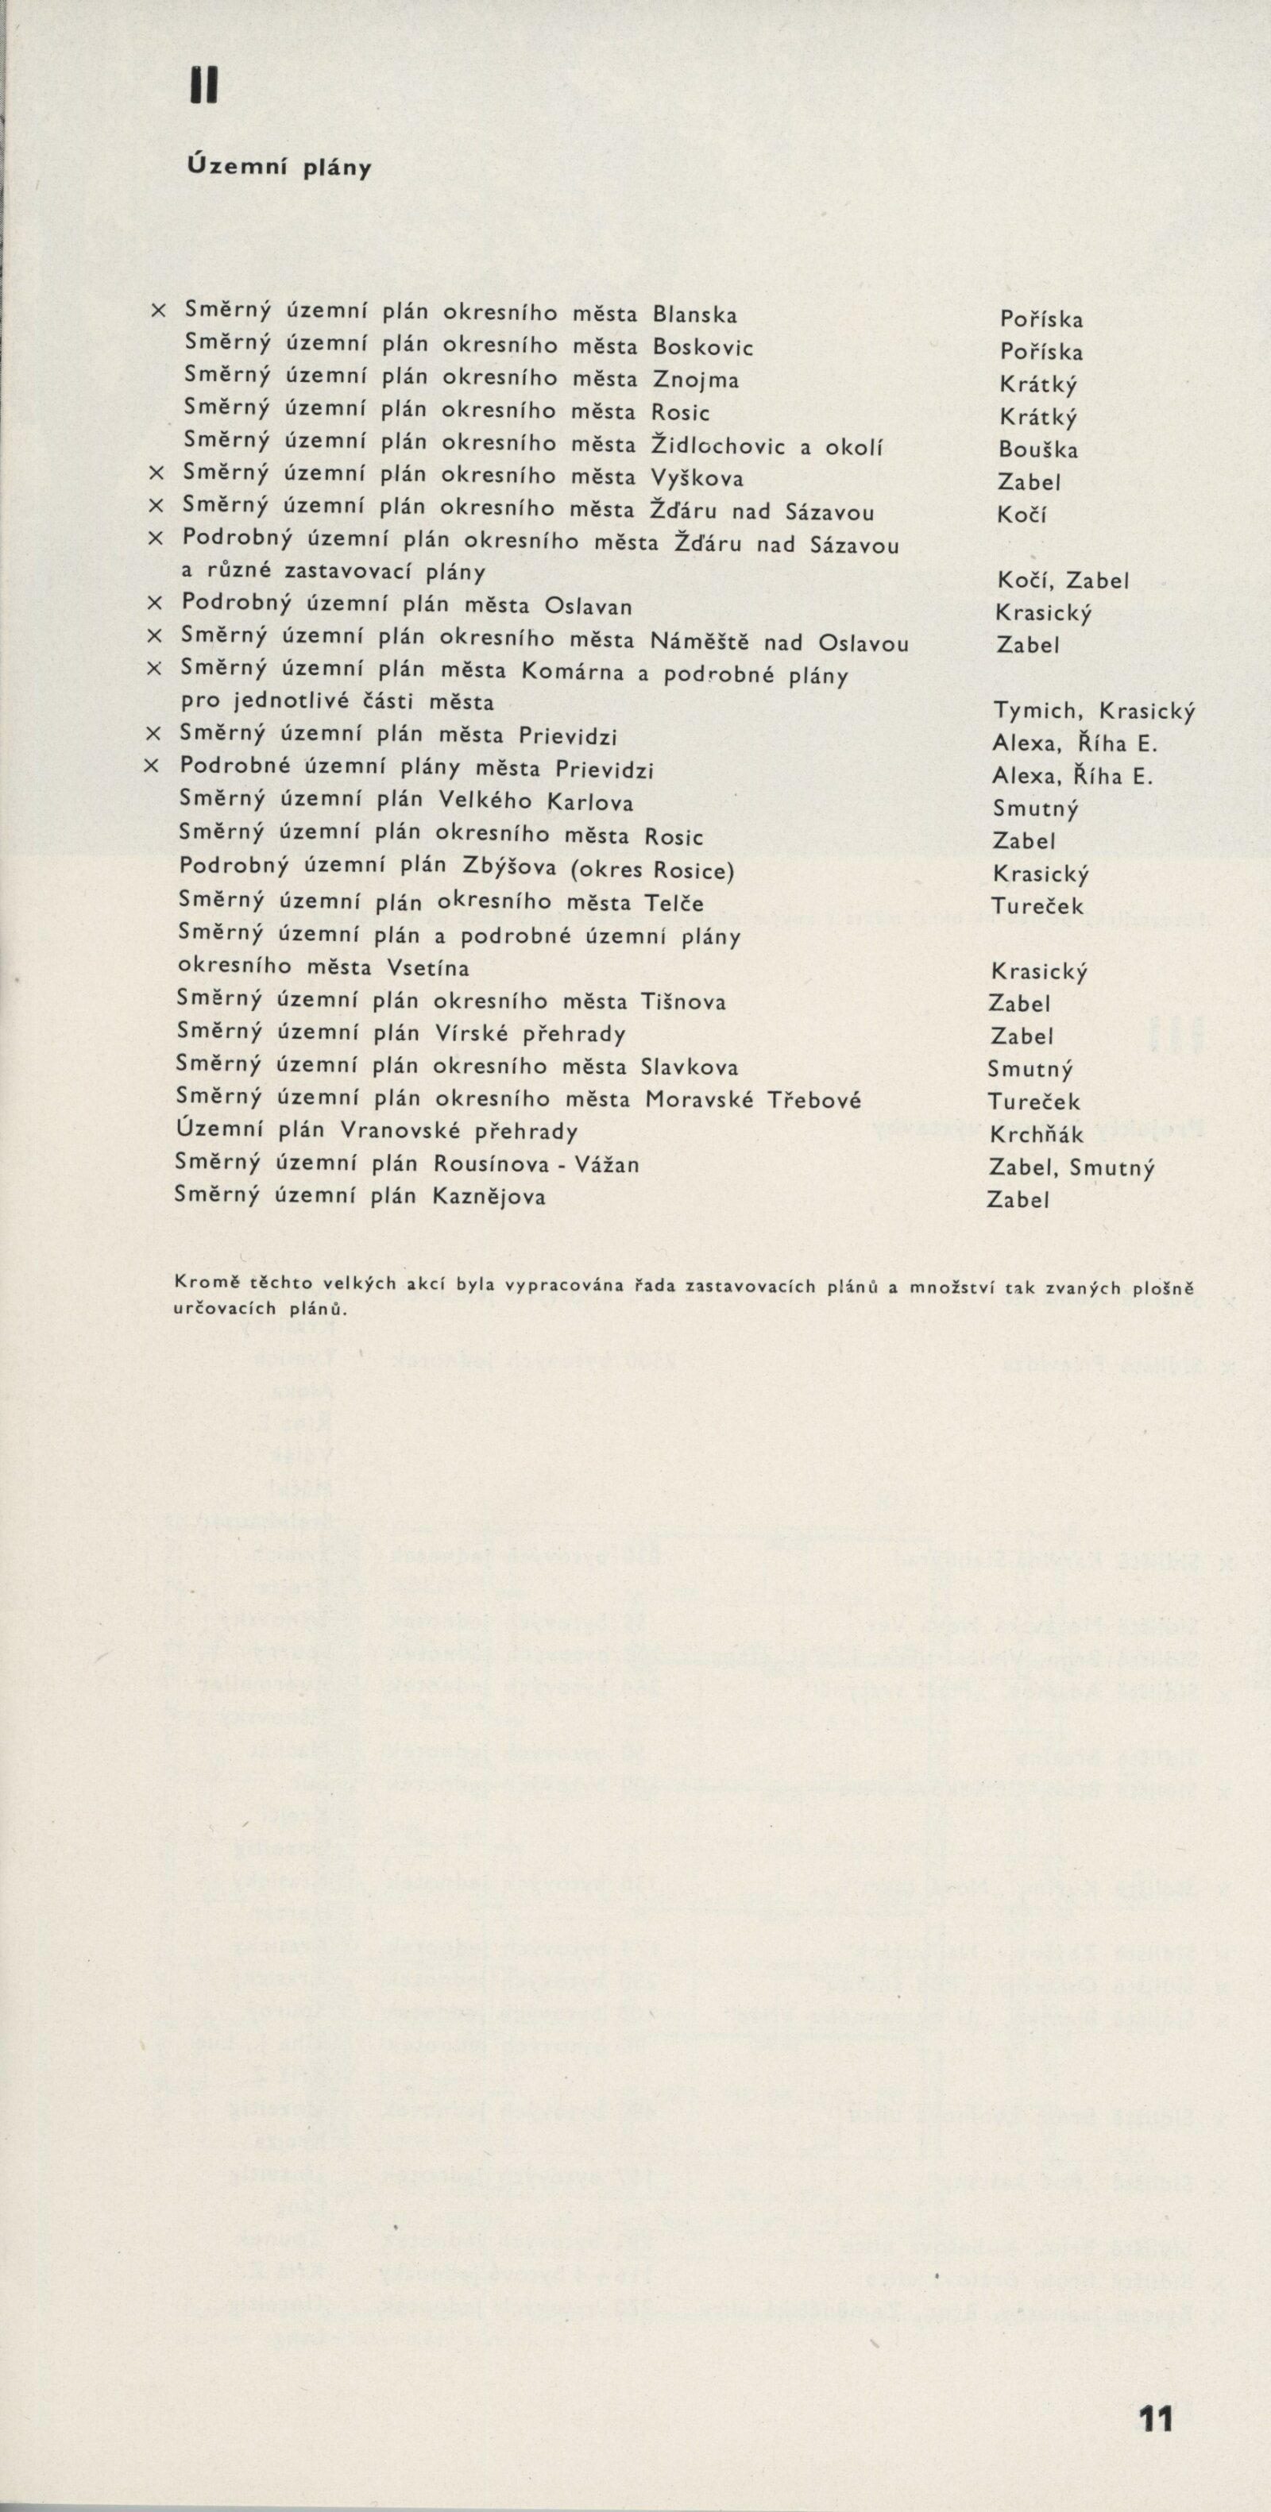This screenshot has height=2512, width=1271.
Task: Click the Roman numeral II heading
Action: coord(204,89)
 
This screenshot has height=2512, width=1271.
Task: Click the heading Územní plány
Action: coord(279,168)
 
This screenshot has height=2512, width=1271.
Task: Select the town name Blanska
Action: coord(694,315)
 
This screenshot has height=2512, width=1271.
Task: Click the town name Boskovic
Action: coord(702,347)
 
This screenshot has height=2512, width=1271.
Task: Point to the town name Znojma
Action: coord(694,380)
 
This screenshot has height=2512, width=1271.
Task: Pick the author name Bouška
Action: coord(1039,450)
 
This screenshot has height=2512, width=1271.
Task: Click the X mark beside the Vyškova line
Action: coord(155,473)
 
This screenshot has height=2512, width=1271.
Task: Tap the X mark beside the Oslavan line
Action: coord(153,603)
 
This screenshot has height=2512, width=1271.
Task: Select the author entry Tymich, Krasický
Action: coord(1094,711)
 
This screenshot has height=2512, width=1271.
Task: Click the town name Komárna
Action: coord(572,672)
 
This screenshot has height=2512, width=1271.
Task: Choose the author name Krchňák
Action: coord(1036,1134)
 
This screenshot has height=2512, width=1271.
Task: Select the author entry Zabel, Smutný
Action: coord(1071,1167)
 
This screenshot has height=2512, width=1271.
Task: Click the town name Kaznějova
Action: coord(489,1197)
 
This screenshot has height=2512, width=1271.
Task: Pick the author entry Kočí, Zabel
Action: coord(1061,581)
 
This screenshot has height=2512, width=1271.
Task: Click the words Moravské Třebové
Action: coord(753,1100)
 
